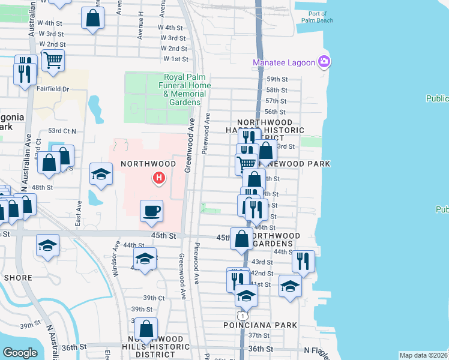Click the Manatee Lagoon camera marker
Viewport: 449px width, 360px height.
point(324,61)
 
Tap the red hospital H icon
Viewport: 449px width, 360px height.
point(159,178)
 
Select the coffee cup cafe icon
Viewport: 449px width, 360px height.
point(151,211)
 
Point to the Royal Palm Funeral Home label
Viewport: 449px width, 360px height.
point(187,89)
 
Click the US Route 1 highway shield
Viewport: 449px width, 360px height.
point(241,315)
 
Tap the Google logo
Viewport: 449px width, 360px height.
point(20,353)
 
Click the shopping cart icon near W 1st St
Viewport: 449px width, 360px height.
point(53,59)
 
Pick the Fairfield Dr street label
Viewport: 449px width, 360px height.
point(54,89)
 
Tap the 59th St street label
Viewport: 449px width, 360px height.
point(276,79)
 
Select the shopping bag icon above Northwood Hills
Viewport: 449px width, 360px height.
point(146,328)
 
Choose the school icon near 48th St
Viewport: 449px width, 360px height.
point(101,174)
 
